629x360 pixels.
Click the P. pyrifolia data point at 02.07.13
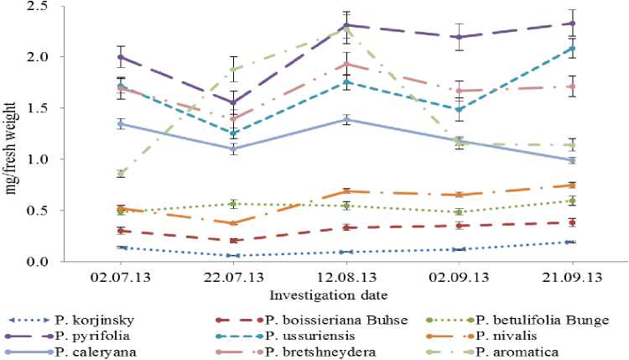pyautogui.click(x=122, y=57)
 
